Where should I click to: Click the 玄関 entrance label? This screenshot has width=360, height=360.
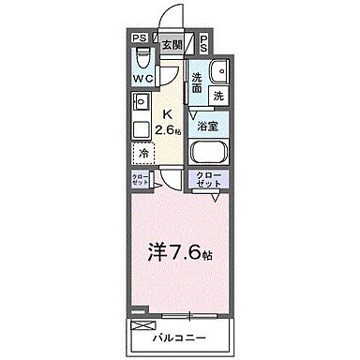(172, 43)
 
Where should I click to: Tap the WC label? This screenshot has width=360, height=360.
(142, 79)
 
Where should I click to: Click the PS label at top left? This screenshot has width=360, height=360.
(139, 38)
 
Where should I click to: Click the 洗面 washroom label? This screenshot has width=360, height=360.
(198, 82)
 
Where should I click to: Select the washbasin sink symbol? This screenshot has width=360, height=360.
(219, 72)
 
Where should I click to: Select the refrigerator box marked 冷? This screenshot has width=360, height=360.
(143, 152)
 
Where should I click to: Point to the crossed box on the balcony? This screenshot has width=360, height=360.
(143, 325)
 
